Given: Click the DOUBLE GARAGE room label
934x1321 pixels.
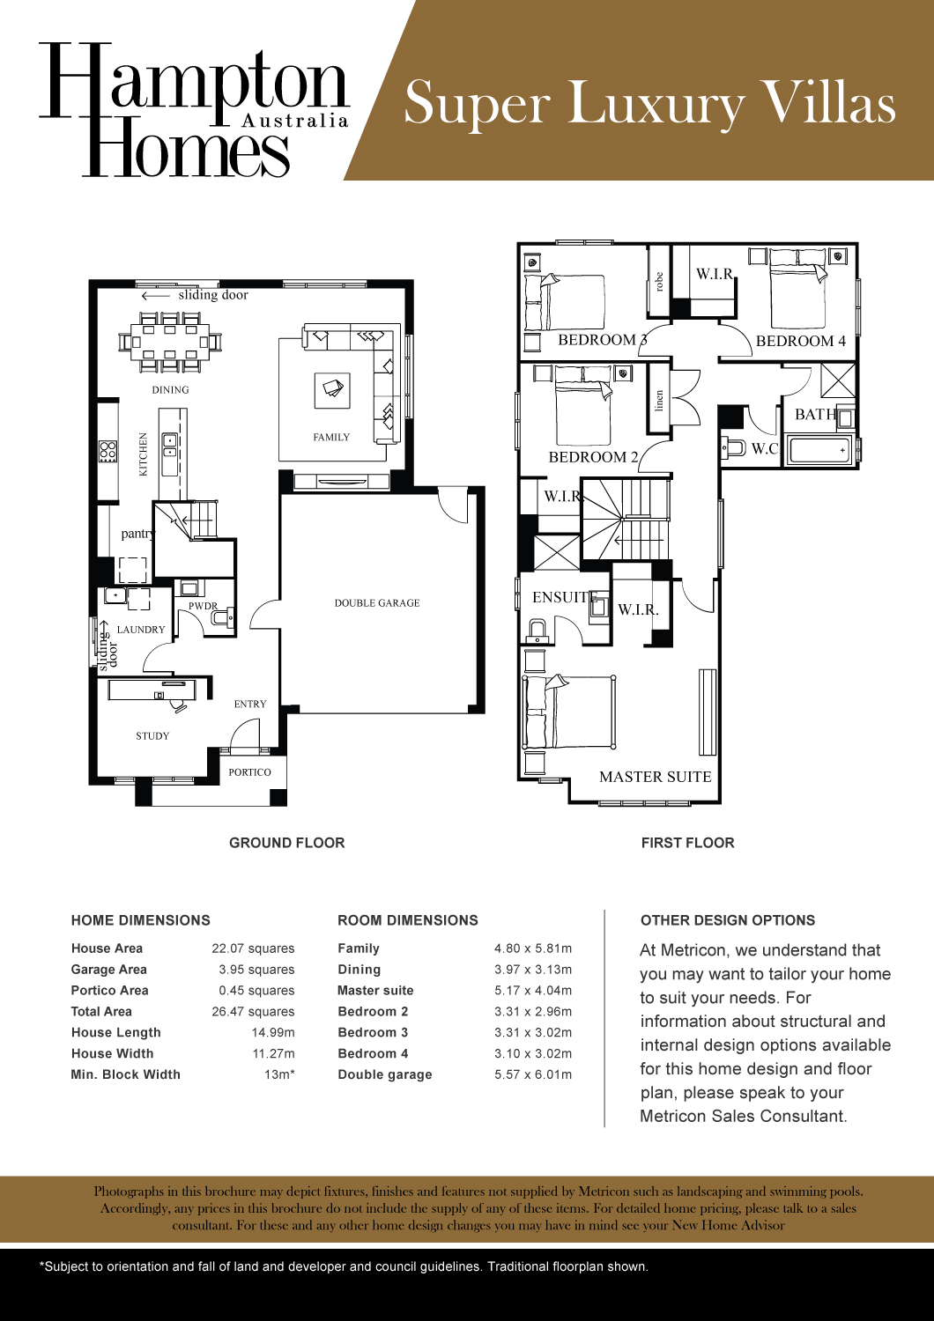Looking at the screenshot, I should click(377, 603).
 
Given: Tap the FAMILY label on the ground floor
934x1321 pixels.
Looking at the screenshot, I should click(331, 438).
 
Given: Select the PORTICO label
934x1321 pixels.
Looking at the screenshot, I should click(249, 772).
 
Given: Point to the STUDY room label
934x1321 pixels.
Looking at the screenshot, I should click(152, 736).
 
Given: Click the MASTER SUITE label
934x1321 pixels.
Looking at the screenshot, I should click(655, 777).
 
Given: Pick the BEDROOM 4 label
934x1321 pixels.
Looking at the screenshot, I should click(800, 342).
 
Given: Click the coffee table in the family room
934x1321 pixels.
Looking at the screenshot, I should click(332, 389).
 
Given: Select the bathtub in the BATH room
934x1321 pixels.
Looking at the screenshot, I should click(819, 450).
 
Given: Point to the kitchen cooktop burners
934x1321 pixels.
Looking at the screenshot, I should click(107, 452).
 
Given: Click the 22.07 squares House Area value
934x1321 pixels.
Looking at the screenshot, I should click(253, 948).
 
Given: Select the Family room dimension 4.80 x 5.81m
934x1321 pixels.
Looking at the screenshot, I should click(533, 948).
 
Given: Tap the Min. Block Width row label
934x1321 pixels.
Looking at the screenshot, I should click(125, 1074).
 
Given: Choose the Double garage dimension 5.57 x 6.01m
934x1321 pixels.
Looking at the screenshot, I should click(533, 1074).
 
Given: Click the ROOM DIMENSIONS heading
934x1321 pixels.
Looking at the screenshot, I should click(408, 920).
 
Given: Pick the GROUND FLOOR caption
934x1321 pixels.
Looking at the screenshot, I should click(286, 843).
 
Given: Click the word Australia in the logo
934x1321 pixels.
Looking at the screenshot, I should click(295, 121).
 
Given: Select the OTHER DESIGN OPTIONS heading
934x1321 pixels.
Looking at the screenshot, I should click(728, 920).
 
